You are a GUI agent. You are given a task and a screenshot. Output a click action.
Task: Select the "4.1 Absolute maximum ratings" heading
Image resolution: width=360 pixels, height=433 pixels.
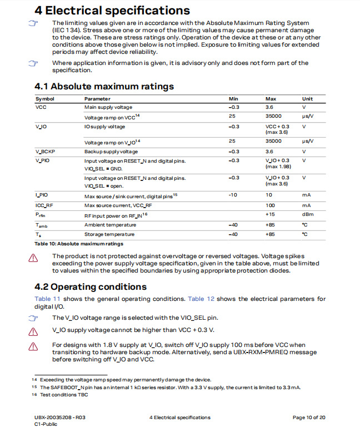coord(104,86)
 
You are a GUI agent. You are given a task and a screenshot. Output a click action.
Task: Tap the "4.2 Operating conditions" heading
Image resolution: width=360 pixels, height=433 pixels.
coord(91,286)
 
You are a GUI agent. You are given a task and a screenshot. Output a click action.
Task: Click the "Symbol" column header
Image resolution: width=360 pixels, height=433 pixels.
coord(44,99)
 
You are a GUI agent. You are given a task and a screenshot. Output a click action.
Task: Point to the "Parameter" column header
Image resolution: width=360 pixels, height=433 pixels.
coord(97,99)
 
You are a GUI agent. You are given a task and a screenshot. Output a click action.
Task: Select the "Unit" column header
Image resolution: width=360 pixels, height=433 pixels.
coord(307,99)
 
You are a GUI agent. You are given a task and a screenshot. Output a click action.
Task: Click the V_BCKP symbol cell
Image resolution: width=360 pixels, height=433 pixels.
coord(45,152)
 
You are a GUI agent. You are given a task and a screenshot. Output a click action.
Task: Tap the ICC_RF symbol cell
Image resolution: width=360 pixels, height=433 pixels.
coord(44,205)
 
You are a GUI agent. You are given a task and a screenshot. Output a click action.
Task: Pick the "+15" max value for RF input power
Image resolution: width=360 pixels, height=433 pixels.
coord(271,214)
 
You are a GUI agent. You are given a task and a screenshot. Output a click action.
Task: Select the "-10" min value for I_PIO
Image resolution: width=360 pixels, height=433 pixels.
coord(234,195)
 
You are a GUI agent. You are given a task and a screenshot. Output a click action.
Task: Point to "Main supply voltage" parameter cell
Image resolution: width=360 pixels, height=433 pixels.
coord(108,107)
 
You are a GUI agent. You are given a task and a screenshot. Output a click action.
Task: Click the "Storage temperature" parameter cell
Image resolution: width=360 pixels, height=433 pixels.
coord(110,234)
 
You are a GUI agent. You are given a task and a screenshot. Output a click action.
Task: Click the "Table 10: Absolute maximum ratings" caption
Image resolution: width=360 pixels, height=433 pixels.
coord(79,244)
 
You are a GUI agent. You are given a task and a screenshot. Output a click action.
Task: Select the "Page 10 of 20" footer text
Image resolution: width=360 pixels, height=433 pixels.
coord(309,417)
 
